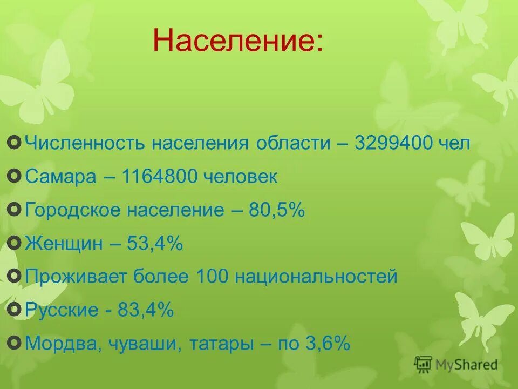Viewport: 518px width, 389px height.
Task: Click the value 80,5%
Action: (x=277, y=210)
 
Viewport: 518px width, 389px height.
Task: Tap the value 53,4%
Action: (x=155, y=244)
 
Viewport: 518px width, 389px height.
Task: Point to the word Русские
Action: (x=62, y=311)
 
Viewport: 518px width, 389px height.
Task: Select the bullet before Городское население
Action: (x=16, y=210)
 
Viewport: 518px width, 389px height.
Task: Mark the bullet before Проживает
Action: (x=16, y=277)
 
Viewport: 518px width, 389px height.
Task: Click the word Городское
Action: (x=73, y=210)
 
